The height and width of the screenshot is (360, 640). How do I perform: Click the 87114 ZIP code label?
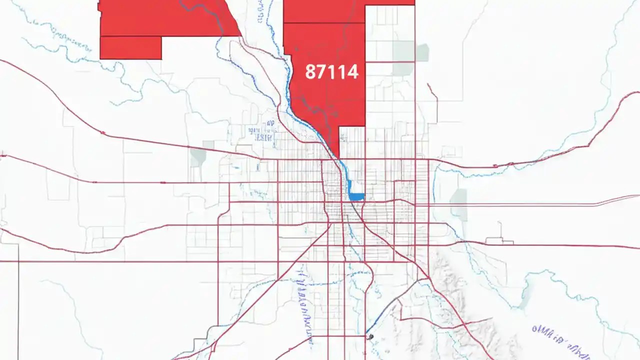pos(331,72)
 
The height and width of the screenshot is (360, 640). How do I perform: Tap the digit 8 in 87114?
pos(310,72)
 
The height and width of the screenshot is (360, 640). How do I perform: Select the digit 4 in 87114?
pos(353,72)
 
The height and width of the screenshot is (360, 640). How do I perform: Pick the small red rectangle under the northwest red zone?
pos(130,48)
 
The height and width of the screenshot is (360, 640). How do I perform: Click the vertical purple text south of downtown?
pos(303,305)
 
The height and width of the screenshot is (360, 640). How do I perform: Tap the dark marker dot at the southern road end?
pos(370,337)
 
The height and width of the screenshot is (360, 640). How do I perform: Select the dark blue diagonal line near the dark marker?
pos(382,315)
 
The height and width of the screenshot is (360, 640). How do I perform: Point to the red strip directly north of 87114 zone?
pos(324,11)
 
